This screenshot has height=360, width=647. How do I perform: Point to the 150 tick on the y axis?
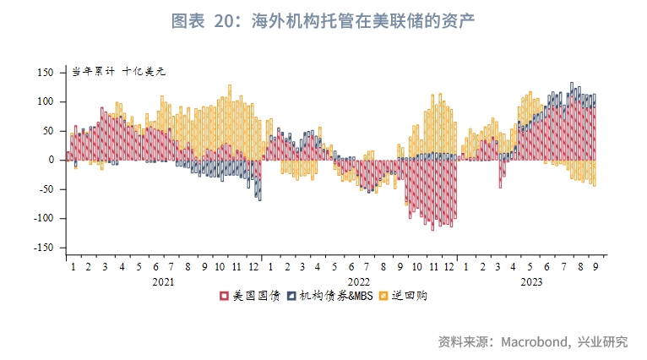46,73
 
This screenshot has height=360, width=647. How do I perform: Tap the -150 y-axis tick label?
43,248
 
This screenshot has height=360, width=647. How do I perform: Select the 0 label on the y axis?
51,160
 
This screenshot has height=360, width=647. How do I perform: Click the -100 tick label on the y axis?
43,218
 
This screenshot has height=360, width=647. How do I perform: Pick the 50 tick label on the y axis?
48,131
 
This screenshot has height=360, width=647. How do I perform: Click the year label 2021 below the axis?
164,282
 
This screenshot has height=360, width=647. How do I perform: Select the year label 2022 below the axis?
358,282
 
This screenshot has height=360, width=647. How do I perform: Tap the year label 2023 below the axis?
531,282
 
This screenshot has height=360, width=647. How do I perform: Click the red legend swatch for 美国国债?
224,297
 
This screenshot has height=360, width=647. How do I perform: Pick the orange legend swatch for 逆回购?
383,297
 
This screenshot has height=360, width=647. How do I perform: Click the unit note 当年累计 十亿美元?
118,71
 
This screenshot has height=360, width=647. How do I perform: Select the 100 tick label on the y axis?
46,101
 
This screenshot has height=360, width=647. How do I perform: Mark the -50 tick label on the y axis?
46,189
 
